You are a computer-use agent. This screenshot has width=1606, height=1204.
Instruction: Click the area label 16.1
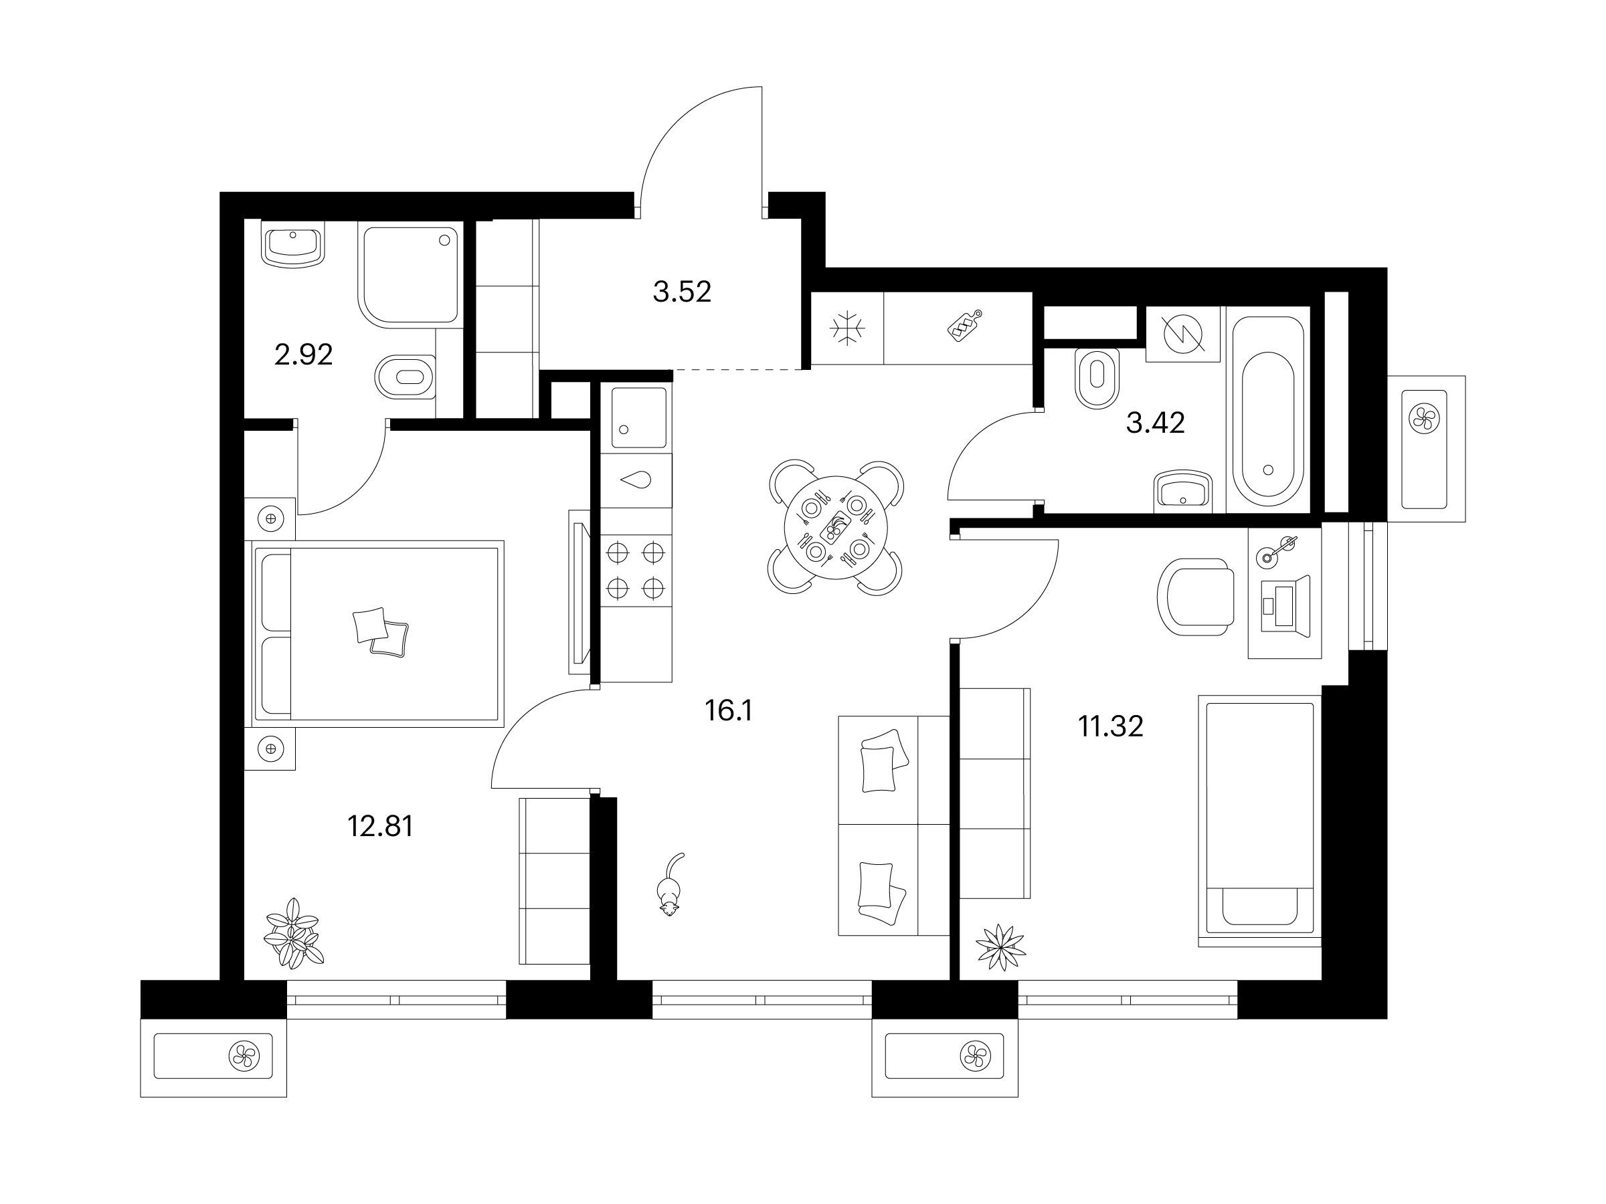click(x=728, y=711)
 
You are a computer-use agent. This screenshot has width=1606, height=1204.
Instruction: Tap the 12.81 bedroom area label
click(x=381, y=826)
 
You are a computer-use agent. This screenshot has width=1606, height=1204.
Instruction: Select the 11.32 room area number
click(x=1111, y=726)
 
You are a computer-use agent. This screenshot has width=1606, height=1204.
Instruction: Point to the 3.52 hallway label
click(x=682, y=292)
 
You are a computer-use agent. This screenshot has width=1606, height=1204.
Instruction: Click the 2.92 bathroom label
click(x=304, y=355)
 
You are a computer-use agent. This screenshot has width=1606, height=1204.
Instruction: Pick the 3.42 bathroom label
click(x=1155, y=422)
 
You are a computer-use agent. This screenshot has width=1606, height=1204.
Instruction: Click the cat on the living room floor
click(x=669, y=886)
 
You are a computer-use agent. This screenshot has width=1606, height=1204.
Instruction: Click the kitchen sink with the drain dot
click(x=639, y=417)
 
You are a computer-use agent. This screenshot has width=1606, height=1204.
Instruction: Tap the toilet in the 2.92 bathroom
click(x=407, y=377)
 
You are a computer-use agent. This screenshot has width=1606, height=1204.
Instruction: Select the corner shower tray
click(x=409, y=274)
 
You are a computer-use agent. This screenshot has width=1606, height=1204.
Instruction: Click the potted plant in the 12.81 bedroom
click(x=293, y=933)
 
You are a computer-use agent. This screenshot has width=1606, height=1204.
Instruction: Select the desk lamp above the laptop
click(x=1278, y=548)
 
